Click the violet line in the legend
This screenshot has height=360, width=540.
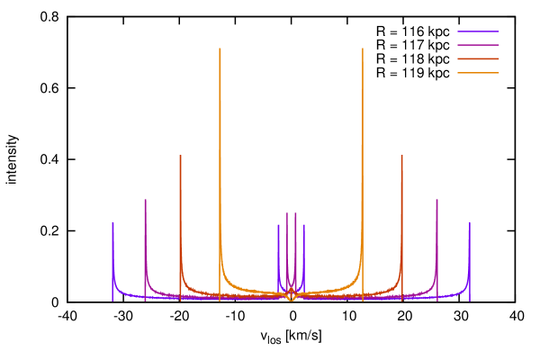click(x=478, y=31)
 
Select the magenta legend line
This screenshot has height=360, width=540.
click(x=478, y=45)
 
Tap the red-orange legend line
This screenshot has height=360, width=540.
click(x=478, y=58)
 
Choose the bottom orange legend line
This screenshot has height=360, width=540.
click(x=478, y=72)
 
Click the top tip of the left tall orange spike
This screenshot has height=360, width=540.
click(x=220, y=49)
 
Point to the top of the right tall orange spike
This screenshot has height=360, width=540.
click(x=363, y=49)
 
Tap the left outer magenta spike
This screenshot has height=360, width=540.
click(x=145, y=200)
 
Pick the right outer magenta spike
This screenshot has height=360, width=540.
click(x=436, y=200)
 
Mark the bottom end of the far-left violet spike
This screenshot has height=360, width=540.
click(x=112, y=301)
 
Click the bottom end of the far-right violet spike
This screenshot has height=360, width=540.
click(x=469, y=301)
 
